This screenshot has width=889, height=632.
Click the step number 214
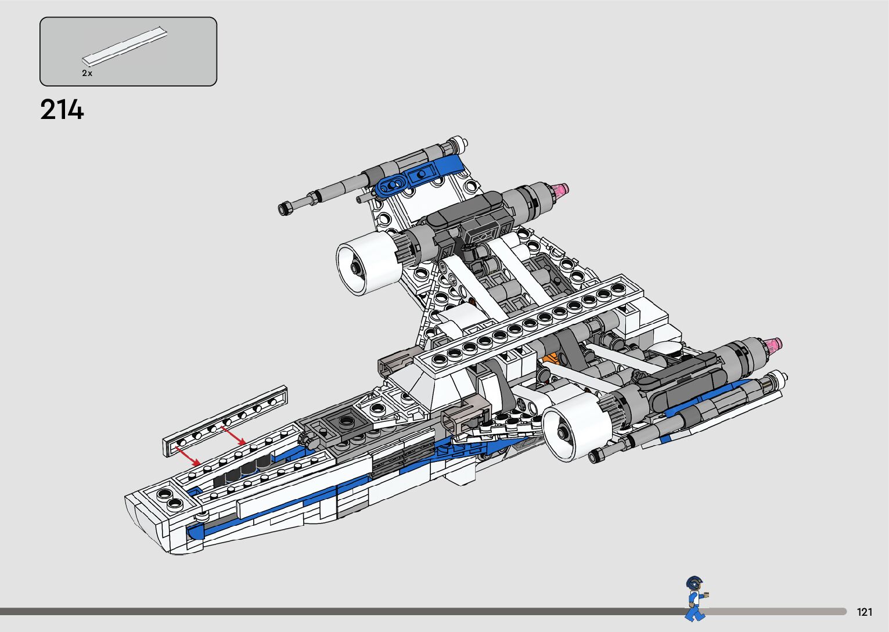coord(62,110)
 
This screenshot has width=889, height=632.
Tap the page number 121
coord(865,612)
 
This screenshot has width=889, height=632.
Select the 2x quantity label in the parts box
coord(87,73)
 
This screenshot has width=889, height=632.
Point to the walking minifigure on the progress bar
coord(695,598)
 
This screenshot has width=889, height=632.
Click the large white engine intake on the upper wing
coord(370,263)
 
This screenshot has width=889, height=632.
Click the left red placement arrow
coord(188,456)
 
